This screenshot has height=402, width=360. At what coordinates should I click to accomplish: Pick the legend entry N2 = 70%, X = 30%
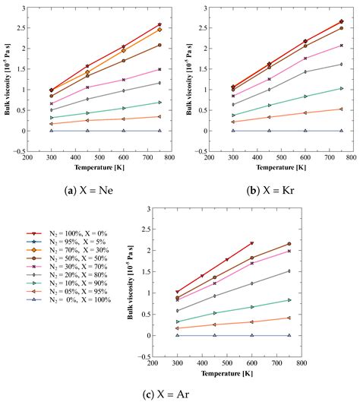tap(70, 250)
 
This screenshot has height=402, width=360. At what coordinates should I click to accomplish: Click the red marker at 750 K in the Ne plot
tap(159, 24)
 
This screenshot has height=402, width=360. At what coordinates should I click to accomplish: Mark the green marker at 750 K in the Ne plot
tap(159, 102)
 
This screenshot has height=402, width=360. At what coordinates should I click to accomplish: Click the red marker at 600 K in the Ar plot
tap(251, 243)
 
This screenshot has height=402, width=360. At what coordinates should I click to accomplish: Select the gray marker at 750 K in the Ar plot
tap(289, 271)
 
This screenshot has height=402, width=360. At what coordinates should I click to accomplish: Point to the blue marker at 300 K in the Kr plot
tap(232, 131)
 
